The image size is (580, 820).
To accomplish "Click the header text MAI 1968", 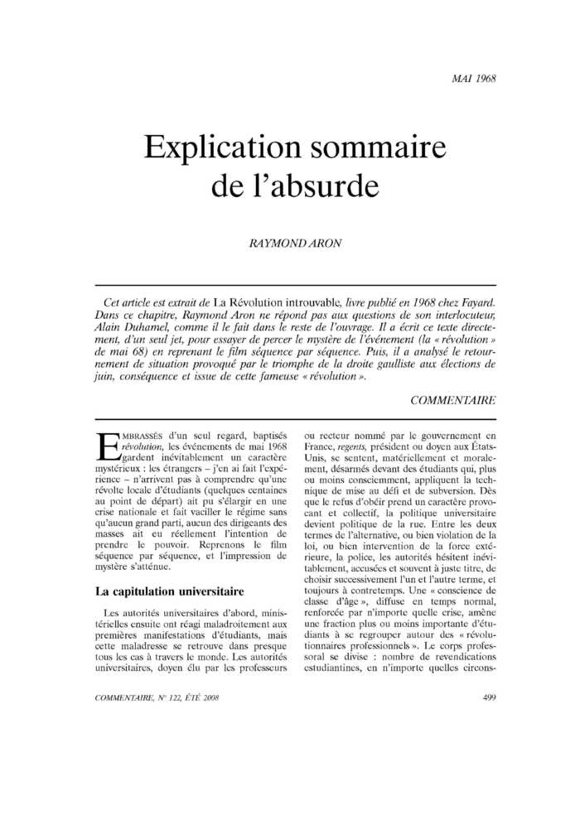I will pyautogui.click(x=474, y=80).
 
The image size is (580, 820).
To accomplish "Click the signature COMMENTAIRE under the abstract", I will pyautogui.click(x=453, y=400).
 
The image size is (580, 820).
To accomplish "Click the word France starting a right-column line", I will pyautogui.click(x=322, y=446).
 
